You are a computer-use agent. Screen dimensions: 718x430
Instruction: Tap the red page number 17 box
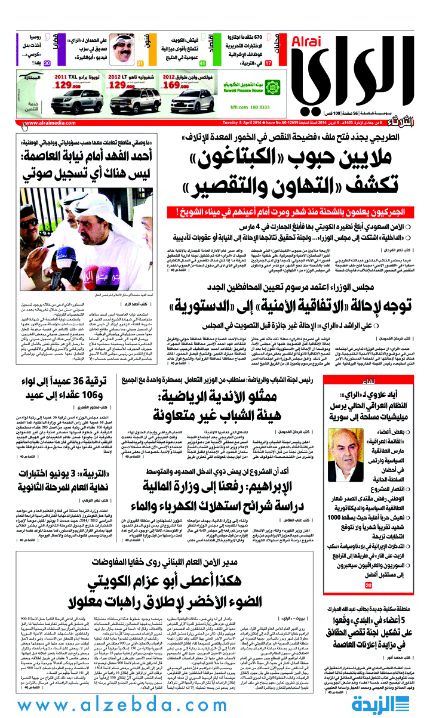tap(269, 63)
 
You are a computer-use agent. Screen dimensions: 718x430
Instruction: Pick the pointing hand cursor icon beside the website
tap(25, 125)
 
